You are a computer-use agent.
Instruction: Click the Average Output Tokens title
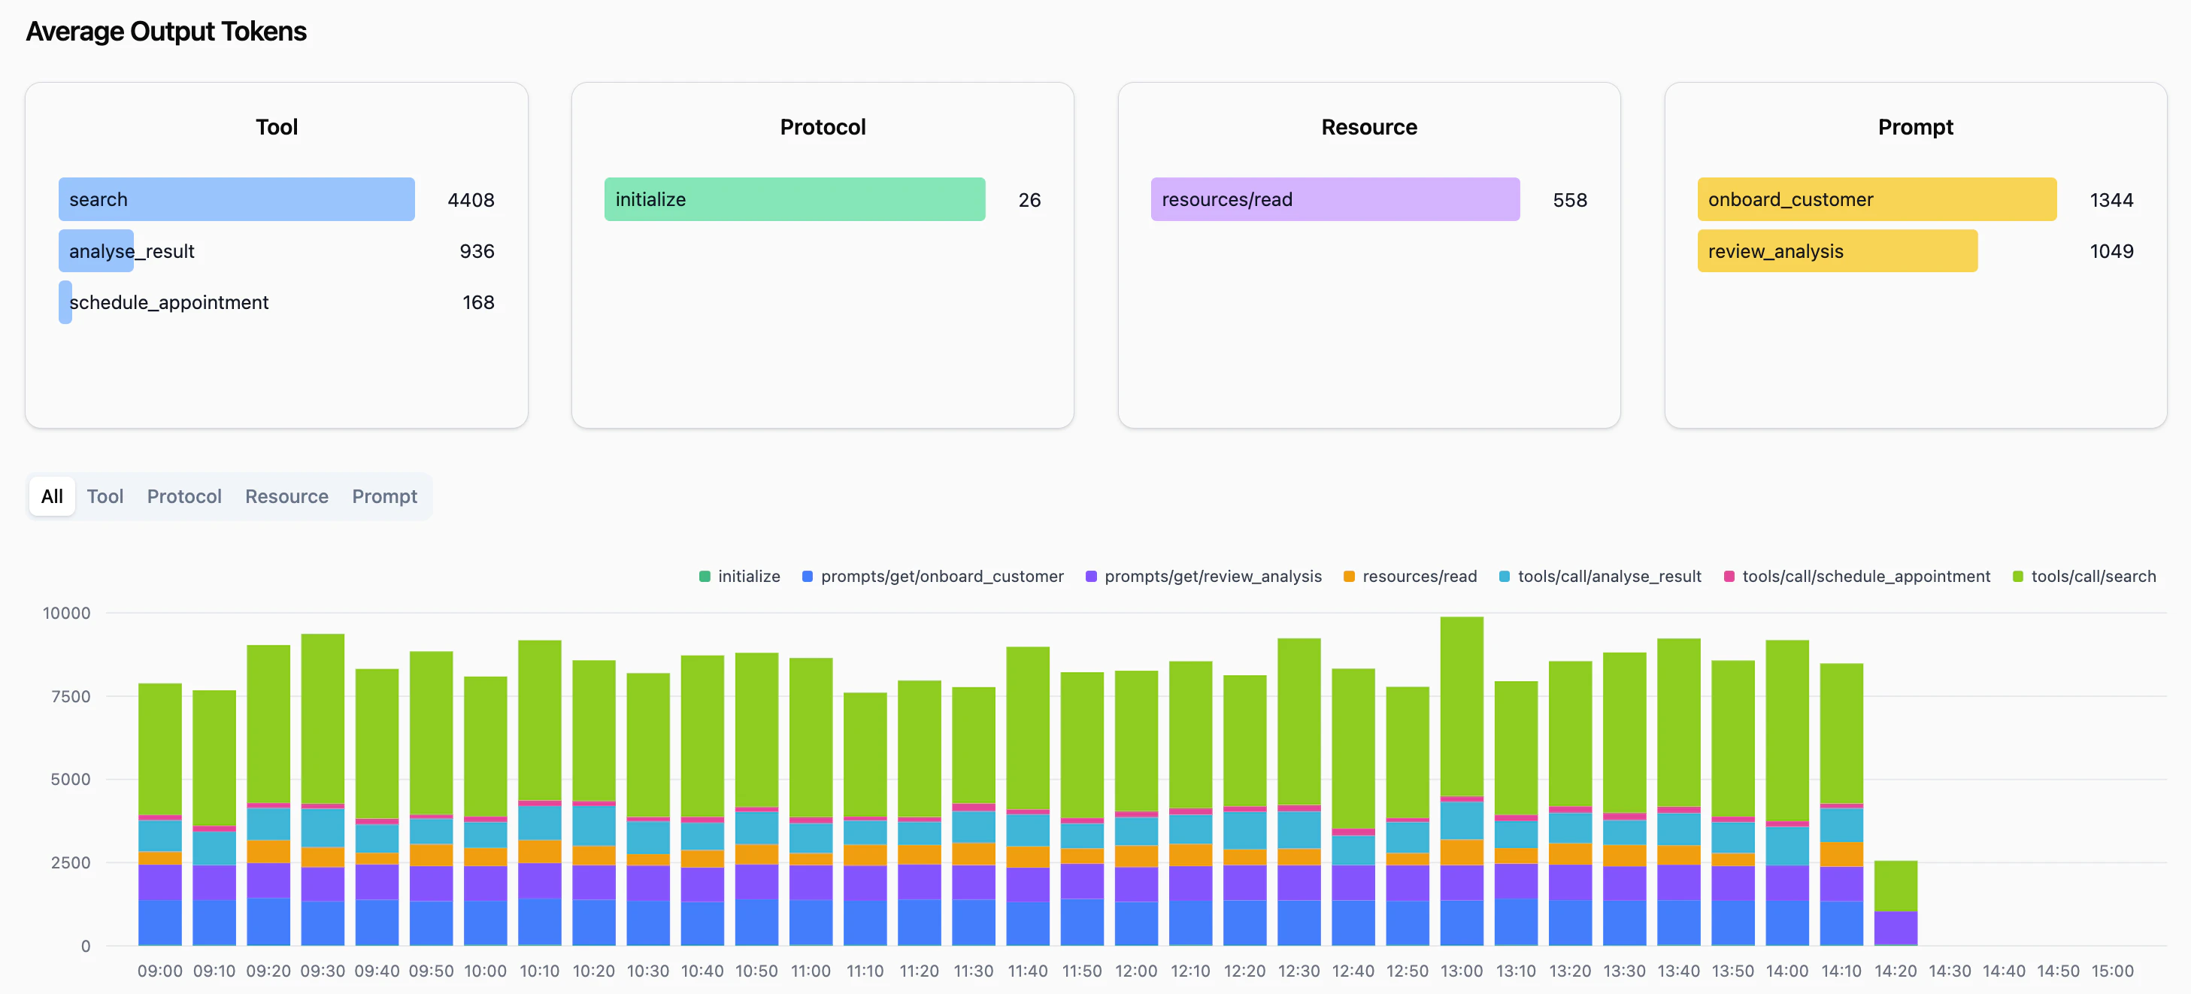(166, 32)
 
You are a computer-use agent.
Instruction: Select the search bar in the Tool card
(236, 200)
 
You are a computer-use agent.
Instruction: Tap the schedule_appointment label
(168, 303)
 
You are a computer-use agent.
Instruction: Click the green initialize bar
(795, 200)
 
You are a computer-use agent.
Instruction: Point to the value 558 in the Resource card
(1569, 200)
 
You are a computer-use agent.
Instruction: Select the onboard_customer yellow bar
(1876, 200)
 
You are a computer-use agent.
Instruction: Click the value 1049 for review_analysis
(2111, 252)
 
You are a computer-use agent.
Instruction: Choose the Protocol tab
(183, 496)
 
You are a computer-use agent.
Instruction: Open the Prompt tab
(384, 496)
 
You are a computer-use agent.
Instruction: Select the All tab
(52, 496)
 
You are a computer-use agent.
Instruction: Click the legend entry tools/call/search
(2083, 577)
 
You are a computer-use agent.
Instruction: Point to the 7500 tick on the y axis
(71, 696)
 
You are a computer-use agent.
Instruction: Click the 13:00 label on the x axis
(1461, 971)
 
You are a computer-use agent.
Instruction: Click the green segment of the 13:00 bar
(1461, 706)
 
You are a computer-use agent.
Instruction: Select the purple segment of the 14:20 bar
(1896, 927)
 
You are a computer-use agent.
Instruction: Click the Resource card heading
(1368, 128)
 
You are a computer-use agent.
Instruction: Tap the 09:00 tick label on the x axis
(160, 971)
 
